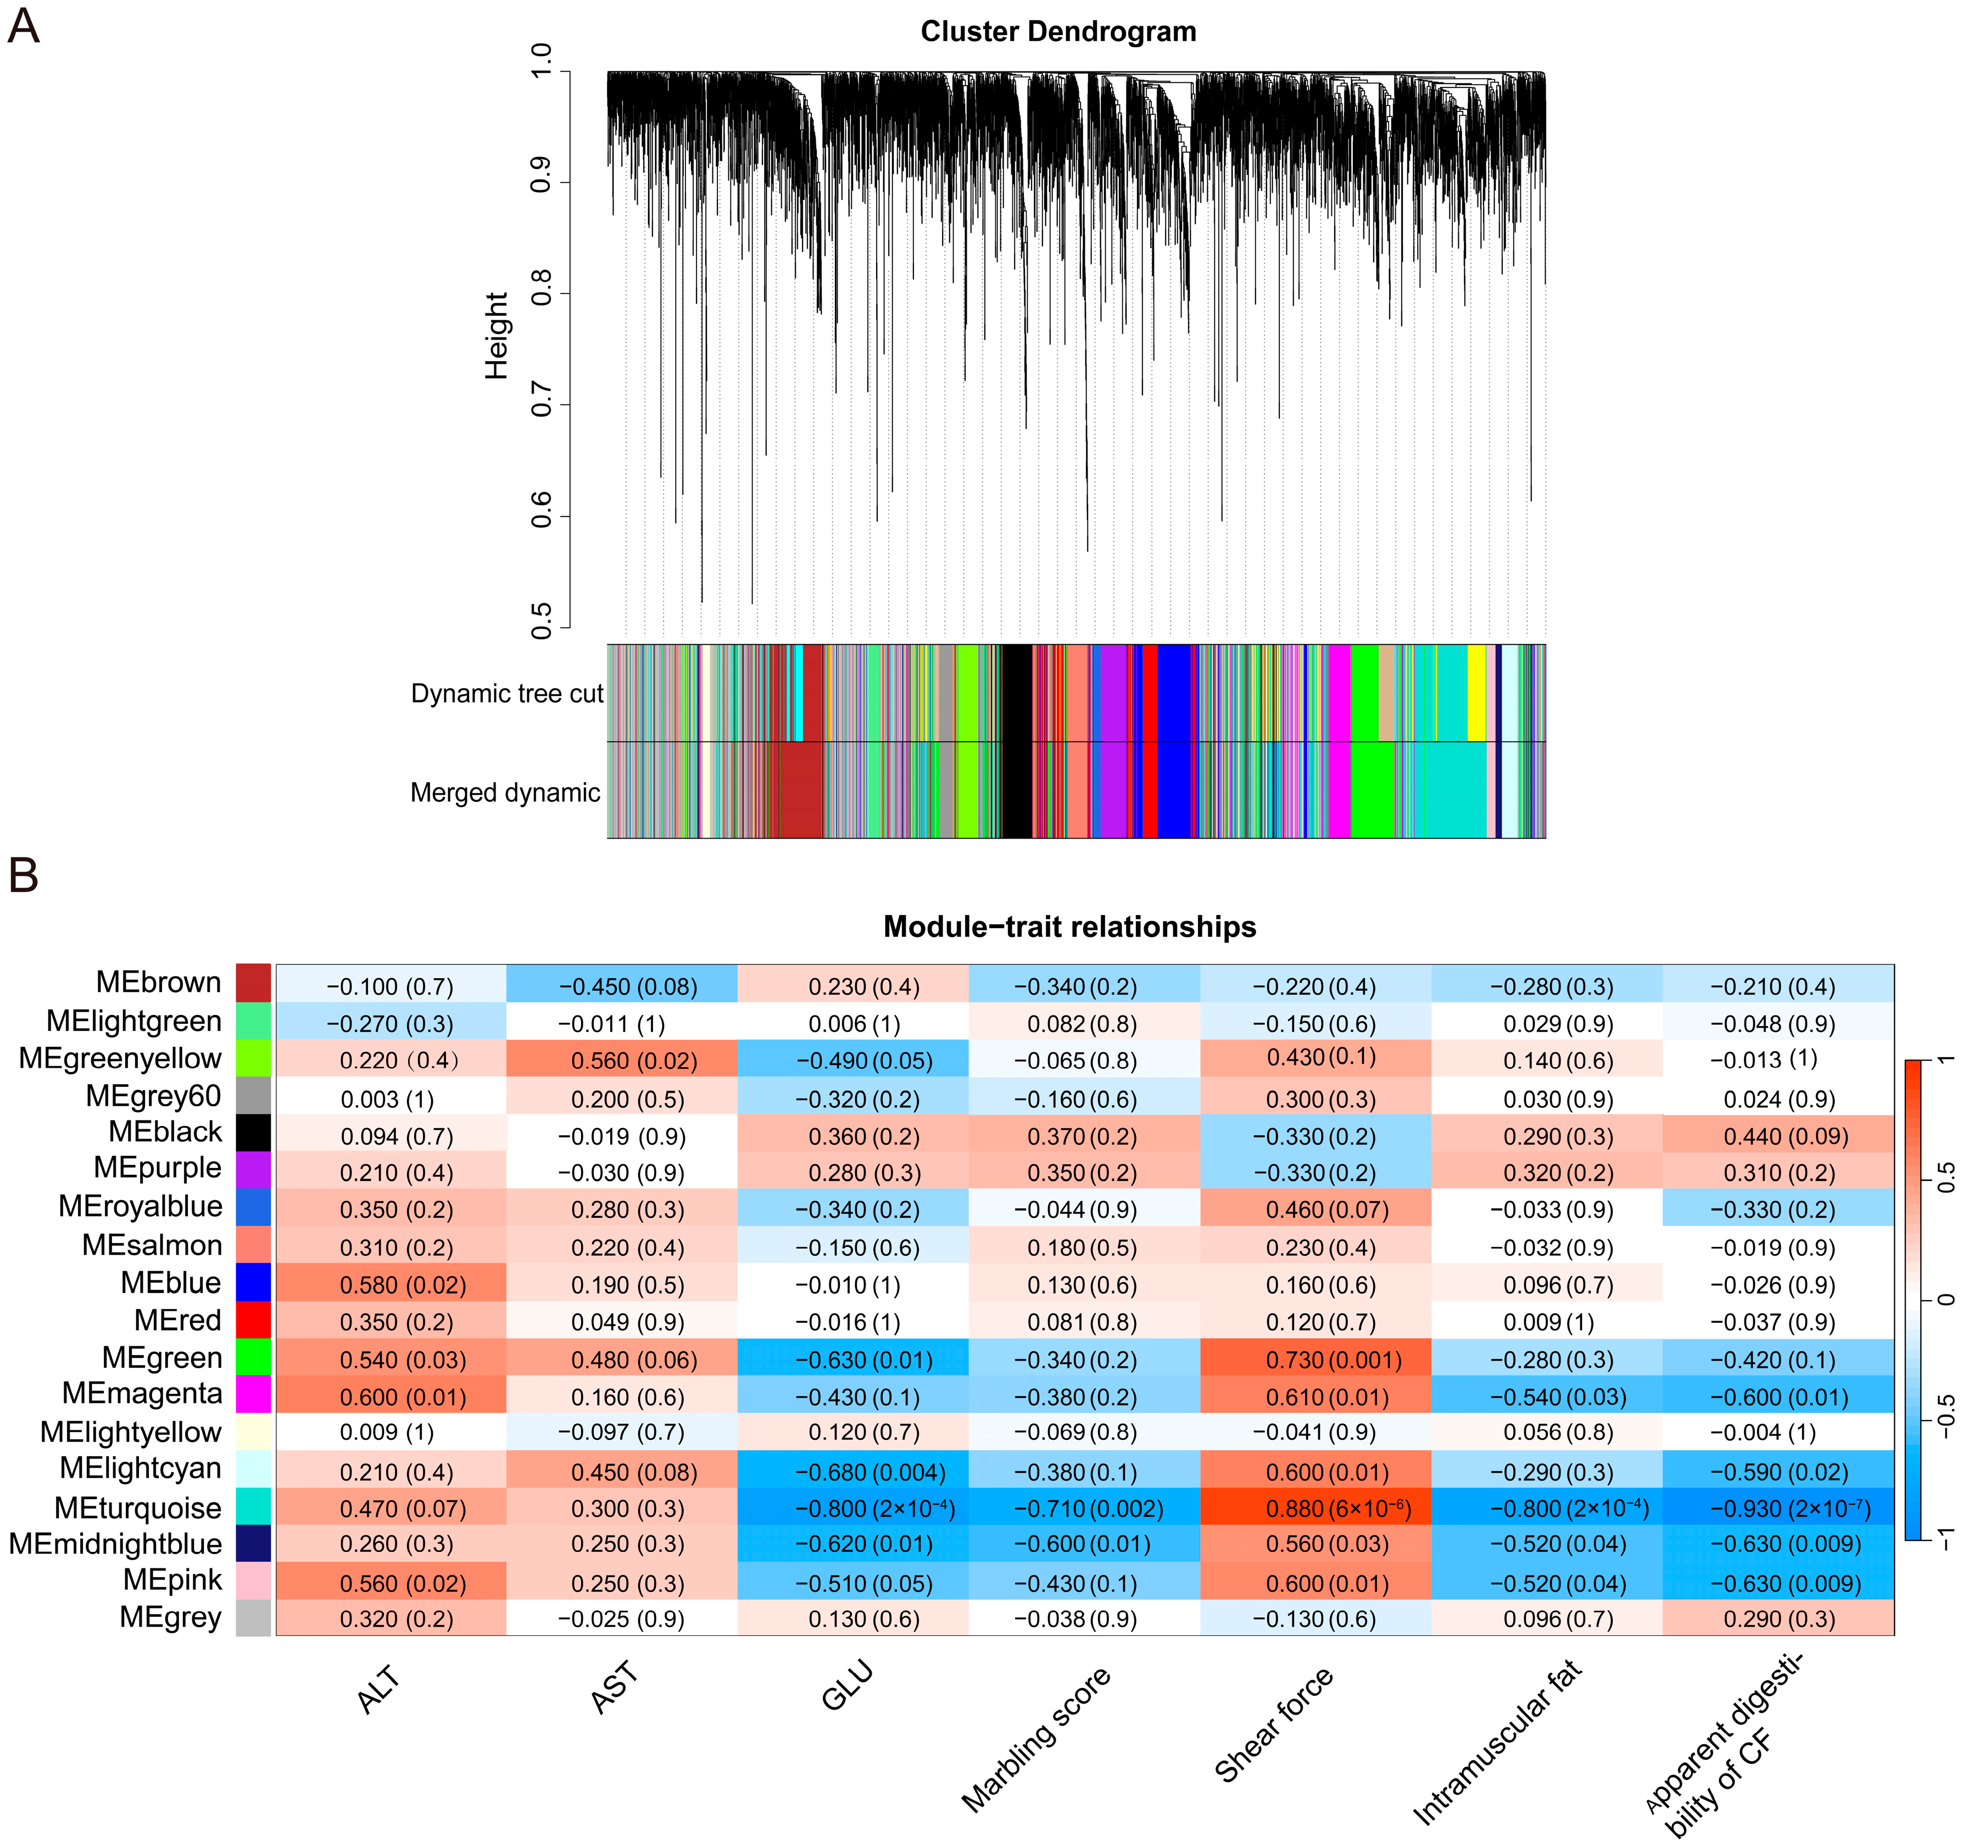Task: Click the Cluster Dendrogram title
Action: click(1058, 31)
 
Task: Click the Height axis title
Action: click(497, 336)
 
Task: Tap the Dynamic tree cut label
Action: click(506, 694)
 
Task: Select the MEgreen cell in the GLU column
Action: click(852, 1360)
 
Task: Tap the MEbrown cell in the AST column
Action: click(622, 986)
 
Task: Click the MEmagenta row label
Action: click(142, 1394)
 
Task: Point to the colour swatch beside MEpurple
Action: click(254, 1170)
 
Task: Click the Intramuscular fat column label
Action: click(1496, 1743)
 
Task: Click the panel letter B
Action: click(24, 875)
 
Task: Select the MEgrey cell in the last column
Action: click(1777, 1619)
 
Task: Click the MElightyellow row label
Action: click(131, 1433)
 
